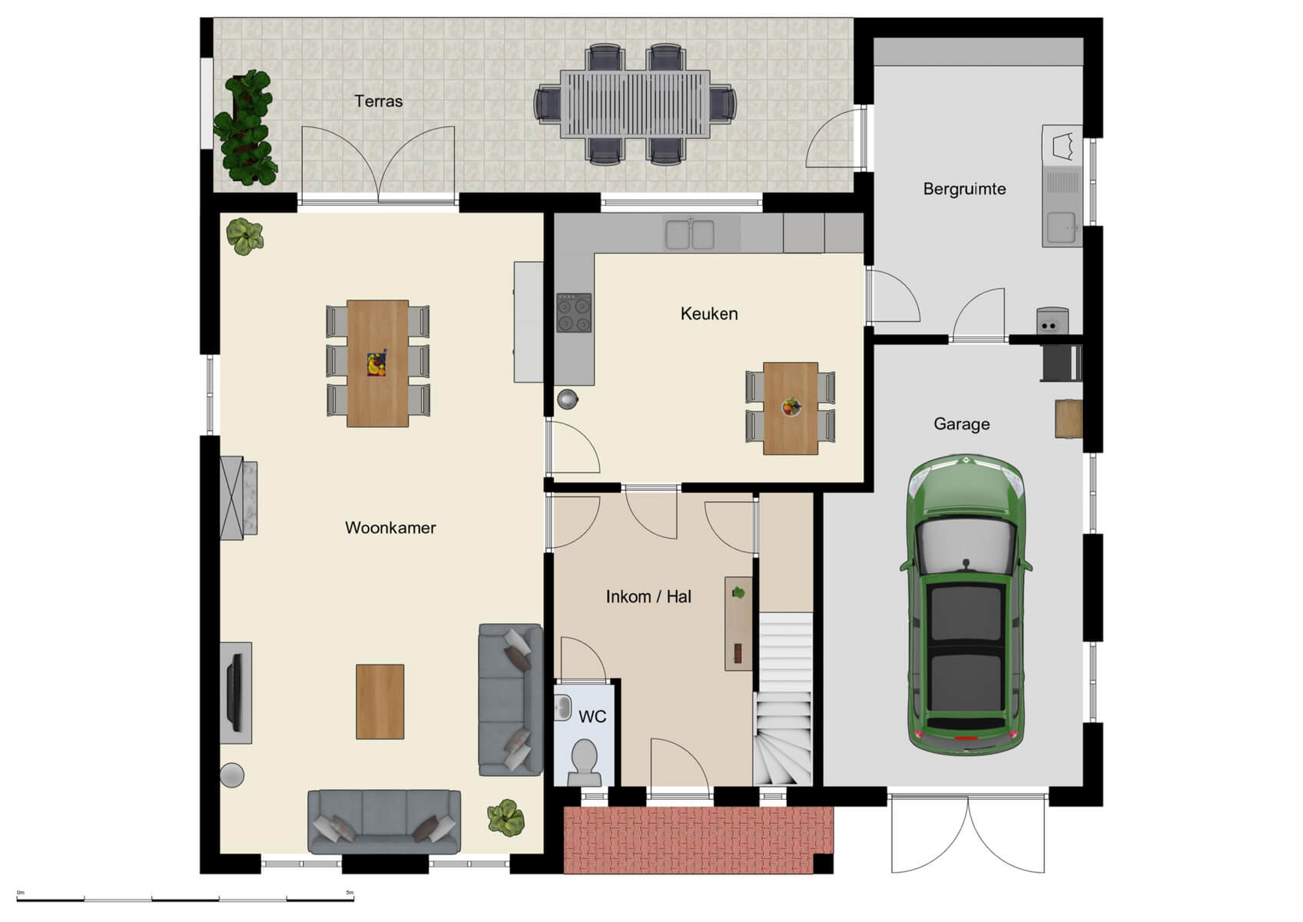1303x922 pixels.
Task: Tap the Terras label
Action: click(x=378, y=101)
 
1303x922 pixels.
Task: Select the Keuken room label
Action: click(x=708, y=313)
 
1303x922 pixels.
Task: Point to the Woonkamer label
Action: click(x=390, y=528)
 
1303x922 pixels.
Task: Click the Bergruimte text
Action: click(x=964, y=189)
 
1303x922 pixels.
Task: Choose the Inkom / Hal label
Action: click(x=648, y=597)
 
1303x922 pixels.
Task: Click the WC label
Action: click(x=592, y=717)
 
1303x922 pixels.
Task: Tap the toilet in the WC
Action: click(x=585, y=761)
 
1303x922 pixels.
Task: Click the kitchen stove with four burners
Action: click(x=574, y=313)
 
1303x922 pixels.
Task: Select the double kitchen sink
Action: click(x=690, y=235)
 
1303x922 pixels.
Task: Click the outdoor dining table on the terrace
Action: click(x=635, y=104)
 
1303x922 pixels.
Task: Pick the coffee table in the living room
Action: click(x=380, y=701)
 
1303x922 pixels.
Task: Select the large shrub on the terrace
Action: click(x=245, y=128)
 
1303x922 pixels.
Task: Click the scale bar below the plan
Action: click(x=184, y=898)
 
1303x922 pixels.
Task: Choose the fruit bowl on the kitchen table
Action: click(x=791, y=406)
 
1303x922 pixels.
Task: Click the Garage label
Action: click(x=961, y=424)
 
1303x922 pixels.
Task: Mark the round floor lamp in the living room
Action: click(x=232, y=774)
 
